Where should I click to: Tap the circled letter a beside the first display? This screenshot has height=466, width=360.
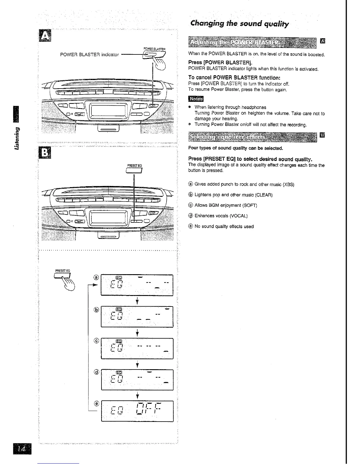point(96,277)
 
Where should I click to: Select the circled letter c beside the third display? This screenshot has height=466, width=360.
point(96,341)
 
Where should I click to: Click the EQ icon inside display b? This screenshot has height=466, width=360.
point(119,309)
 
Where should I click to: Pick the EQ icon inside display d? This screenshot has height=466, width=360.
point(119,372)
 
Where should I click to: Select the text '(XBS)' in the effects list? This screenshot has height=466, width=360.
point(288,184)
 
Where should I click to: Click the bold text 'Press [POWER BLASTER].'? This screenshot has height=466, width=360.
point(220,63)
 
